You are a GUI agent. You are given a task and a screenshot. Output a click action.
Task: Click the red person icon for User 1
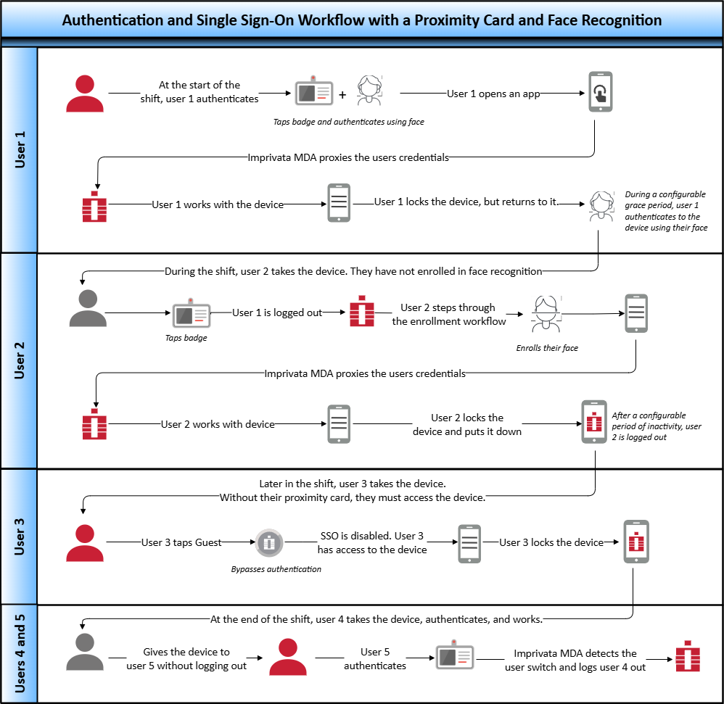pos(85,94)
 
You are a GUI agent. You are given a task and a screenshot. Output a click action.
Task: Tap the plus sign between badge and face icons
pos(342,94)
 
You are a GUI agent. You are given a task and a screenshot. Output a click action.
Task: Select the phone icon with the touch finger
pos(600,92)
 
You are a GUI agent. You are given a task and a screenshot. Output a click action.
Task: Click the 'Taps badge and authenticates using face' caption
pos(348,122)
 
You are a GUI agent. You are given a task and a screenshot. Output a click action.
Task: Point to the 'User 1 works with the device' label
pos(218,204)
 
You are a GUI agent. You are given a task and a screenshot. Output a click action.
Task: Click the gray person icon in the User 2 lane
pos(88,309)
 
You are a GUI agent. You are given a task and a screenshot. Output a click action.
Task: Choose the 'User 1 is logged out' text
pos(277,312)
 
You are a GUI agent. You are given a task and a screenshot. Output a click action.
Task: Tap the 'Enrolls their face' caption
pos(547,348)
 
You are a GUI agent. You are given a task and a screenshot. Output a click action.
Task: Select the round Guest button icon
pos(268,542)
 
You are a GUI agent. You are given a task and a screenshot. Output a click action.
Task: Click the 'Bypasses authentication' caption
pos(276,569)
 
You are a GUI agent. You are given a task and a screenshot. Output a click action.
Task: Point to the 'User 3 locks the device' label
pos(551,542)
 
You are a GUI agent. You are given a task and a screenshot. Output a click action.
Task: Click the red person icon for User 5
pos(288,657)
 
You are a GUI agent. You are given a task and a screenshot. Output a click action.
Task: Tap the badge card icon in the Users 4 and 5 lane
pos(455,657)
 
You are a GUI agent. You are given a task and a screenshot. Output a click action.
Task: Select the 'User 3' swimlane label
pos(20,537)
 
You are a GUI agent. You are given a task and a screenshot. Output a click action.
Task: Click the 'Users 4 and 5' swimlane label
pos(20,653)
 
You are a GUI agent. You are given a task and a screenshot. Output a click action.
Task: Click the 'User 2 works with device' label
pos(218,424)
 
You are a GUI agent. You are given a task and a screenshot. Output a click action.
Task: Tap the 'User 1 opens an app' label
pos(493,94)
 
